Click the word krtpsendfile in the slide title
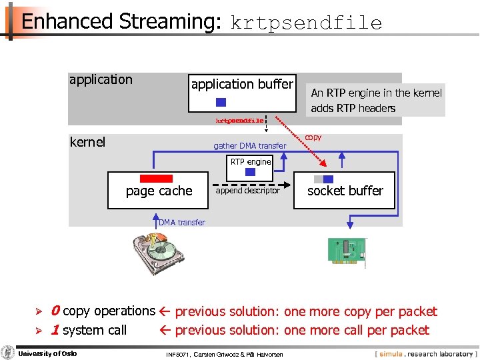tap(306, 23)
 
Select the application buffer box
tap(242, 92)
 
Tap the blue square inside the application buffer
tap(221, 102)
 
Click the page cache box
tap(159, 191)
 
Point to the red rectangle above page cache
tap(156, 178)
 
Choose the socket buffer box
tap(345, 191)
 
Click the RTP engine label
tap(251, 161)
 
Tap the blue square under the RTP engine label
tap(251, 171)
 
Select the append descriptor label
tap(247, 191)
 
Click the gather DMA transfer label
tap(249, 146)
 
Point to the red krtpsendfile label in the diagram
tap(239, 121)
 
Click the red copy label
tap(313, 137)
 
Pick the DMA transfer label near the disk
tap(181, 222)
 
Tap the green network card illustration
tap(346, 250)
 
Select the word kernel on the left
tap(87, 142)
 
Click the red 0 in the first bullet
tap(55, 311)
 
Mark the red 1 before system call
tap(55, 330)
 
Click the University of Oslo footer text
tap(47, 353)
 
